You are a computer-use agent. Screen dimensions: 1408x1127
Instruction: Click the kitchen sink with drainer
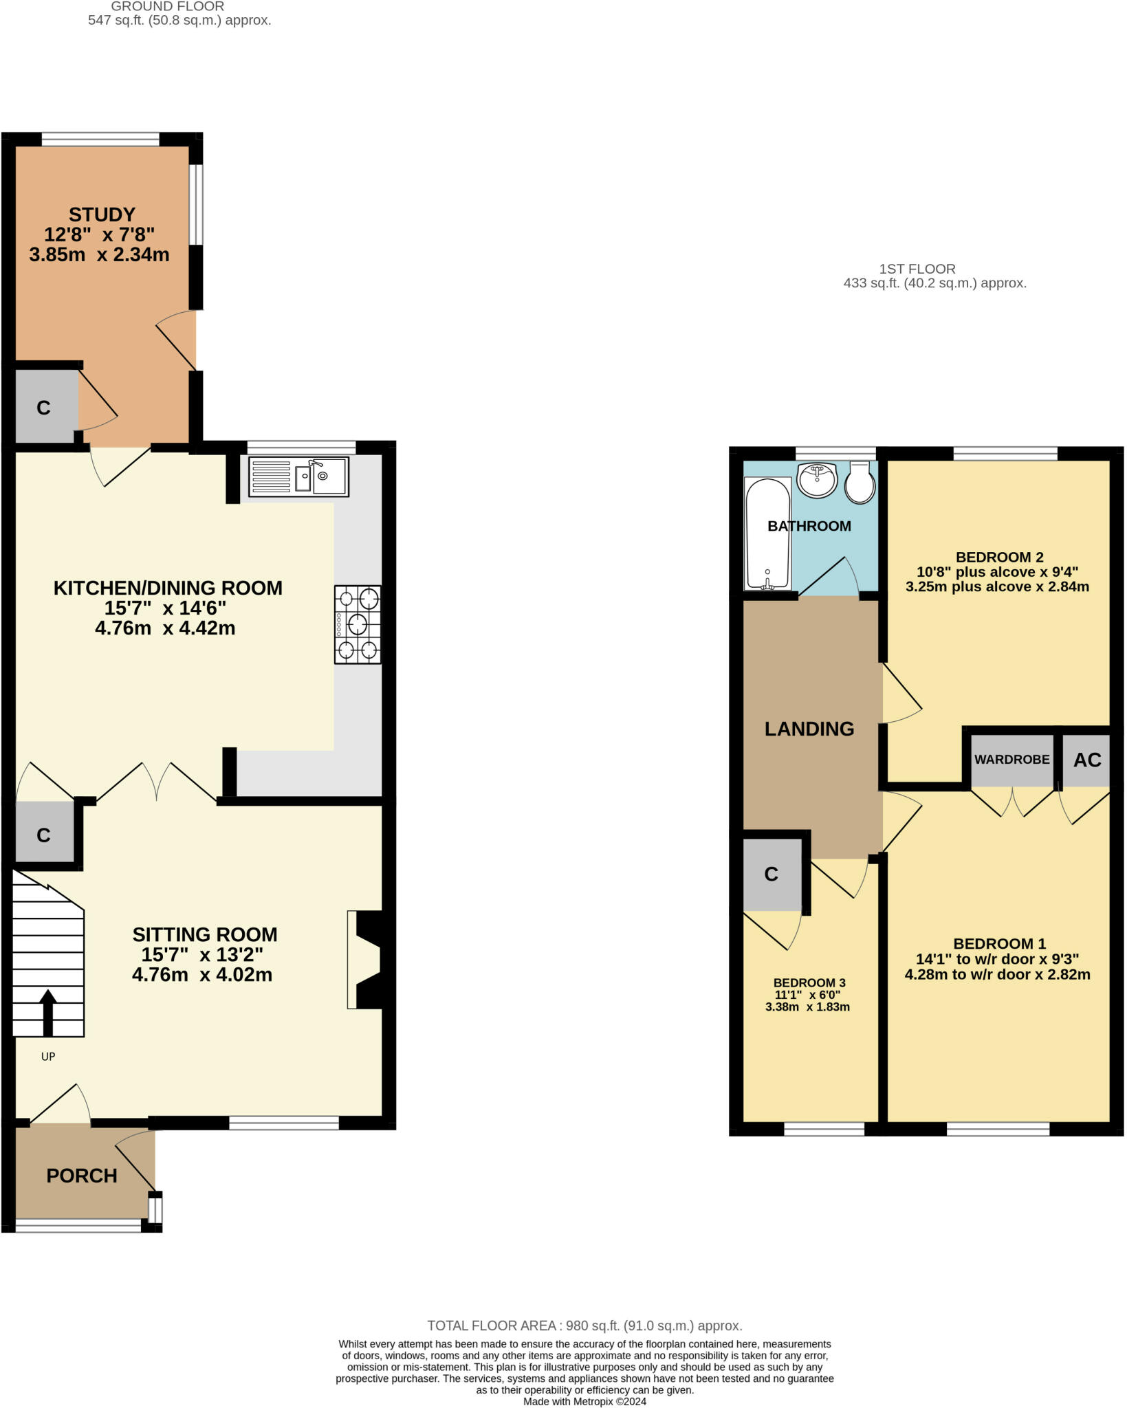(298, 476)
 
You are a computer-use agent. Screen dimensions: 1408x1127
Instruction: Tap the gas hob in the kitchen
(358, 624)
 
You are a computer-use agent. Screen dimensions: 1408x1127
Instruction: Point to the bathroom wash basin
(817, 479)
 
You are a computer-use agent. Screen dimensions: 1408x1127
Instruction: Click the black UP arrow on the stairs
(47, 1012)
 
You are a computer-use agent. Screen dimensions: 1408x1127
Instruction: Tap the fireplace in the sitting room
(368, 960)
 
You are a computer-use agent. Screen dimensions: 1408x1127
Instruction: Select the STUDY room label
(102, 214)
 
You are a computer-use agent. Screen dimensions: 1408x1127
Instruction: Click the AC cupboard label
(1087, 760)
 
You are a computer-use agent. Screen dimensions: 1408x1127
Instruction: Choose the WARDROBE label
(1011, 760)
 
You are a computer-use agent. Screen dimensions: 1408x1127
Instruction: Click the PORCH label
(82, 1176)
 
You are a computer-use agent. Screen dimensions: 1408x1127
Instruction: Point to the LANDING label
(809, 729)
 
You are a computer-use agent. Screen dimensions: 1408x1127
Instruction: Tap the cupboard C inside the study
(43, 408)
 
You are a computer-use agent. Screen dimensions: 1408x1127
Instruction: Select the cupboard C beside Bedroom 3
(772, 874)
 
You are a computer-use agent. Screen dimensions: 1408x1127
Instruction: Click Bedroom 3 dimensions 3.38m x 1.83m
(807, 1007)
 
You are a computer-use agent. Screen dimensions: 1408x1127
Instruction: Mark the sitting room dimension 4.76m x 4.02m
(202, 975)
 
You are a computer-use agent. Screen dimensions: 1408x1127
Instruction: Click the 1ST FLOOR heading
(917, 269)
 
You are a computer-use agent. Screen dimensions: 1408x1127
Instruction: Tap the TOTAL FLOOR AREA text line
(584, 1325)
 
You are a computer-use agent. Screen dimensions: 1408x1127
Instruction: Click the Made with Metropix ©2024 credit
(584, 1401)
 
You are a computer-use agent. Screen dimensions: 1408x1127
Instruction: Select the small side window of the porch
(155, 1210)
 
